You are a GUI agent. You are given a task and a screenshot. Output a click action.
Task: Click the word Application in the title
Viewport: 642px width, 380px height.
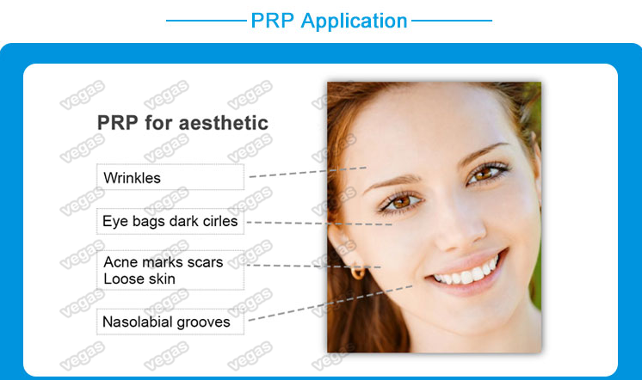coord(354,21)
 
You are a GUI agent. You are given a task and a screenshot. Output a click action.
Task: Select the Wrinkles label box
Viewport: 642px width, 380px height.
coord(170,178)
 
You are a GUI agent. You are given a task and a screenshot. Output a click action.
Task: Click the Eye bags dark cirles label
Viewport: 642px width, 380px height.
coord(170,222)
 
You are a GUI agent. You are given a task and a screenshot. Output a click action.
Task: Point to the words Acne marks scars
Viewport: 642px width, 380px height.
coord(163,261)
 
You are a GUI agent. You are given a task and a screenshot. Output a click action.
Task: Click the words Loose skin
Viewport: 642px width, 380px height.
coord(139,279)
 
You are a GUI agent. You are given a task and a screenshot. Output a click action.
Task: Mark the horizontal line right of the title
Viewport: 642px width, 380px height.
coord(451,20)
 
